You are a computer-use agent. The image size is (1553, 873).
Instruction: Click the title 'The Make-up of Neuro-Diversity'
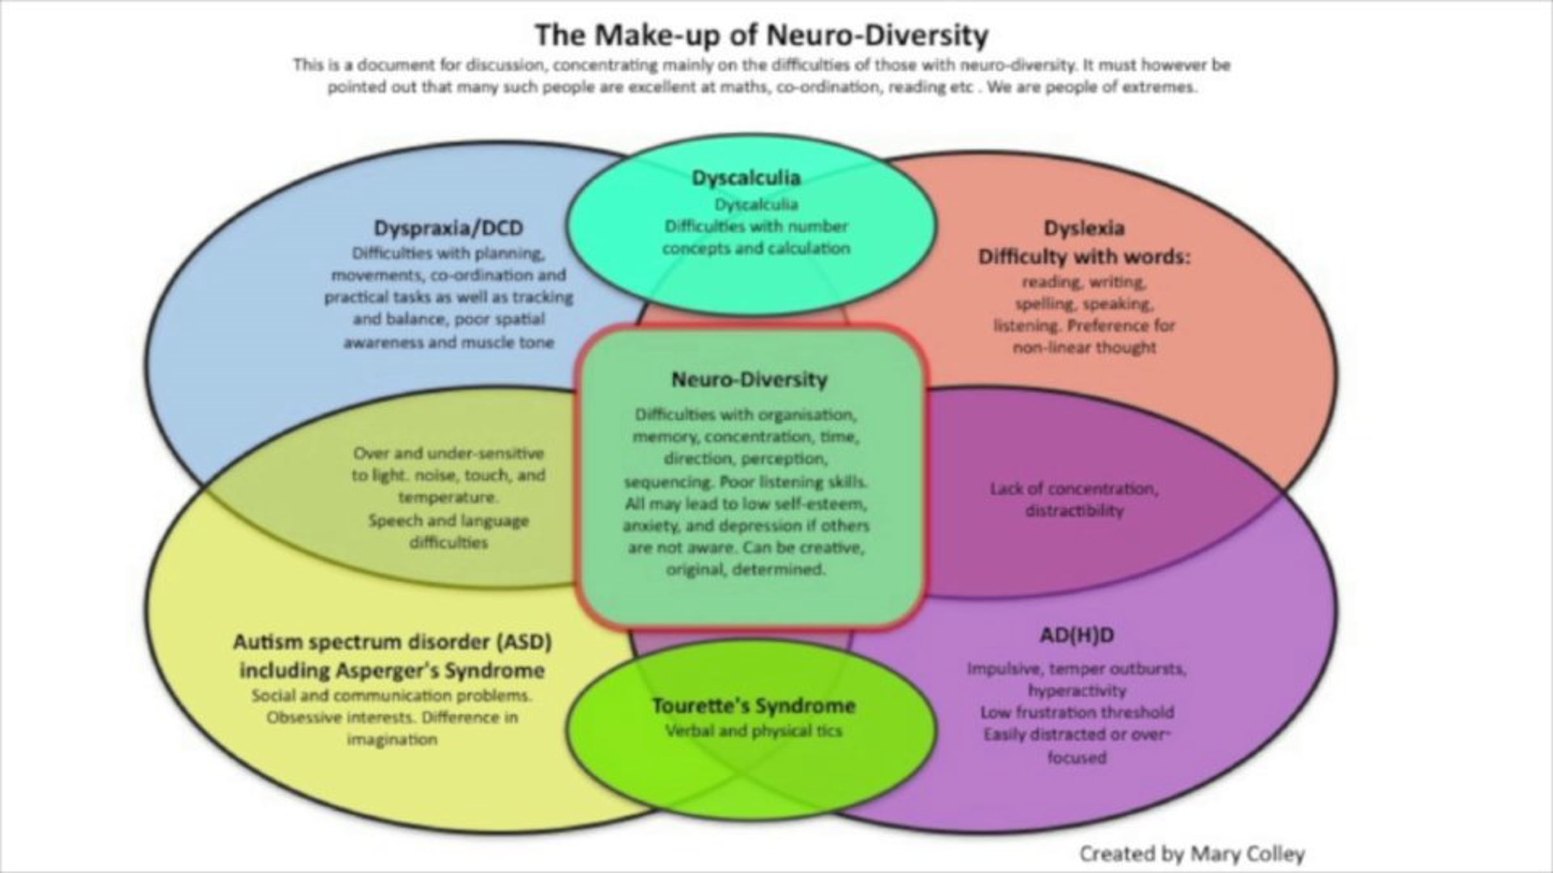coord(762,35)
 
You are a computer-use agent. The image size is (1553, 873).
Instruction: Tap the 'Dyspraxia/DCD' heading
coord(448,228)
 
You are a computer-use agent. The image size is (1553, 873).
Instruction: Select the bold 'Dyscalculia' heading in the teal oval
coord(746,177)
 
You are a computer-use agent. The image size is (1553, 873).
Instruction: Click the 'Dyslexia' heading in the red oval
coord(1084,228)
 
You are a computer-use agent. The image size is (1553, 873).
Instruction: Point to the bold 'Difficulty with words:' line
coord(1084,257)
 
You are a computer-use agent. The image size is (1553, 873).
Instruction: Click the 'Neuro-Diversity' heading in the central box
coord(749,379)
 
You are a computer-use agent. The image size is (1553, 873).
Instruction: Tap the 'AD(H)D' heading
coord(1077,635)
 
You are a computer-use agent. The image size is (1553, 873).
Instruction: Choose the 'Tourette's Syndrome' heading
coord(754,706)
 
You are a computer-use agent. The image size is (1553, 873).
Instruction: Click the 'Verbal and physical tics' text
coord(754,731)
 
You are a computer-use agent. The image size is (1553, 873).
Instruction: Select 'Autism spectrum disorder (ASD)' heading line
coord(392,642)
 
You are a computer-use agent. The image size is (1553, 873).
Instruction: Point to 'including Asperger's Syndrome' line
coord(392,670)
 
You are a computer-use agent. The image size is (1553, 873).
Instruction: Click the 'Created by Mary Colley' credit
coord(1192,854)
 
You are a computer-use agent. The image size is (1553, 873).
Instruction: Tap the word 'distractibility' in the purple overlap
coord(1075,510)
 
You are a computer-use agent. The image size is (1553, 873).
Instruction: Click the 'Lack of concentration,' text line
coord(1074,488)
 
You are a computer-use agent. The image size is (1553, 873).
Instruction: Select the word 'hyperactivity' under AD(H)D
coord(1077,690)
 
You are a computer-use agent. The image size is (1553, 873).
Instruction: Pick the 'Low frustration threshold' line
coord(1077,712)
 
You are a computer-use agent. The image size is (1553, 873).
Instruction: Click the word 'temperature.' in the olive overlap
coord(448,497)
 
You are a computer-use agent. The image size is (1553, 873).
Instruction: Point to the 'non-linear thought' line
coord(1085,347)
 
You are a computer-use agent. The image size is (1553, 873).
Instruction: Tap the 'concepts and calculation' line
coord(756,248)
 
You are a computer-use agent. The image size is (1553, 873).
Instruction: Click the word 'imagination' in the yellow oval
coord(392,739)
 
